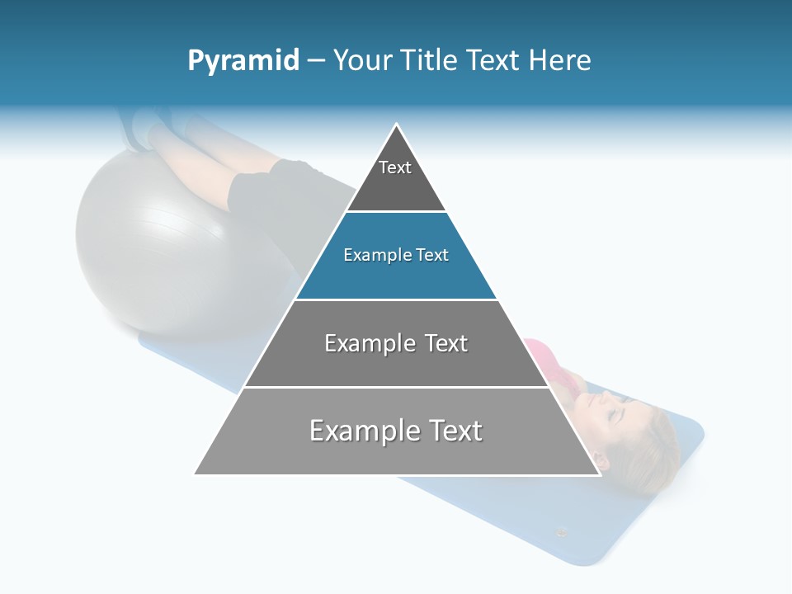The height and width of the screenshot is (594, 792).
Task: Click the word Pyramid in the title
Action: click(243, 61)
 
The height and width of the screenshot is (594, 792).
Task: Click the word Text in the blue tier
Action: click(431, 256)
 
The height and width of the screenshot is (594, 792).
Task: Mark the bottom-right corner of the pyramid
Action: click(600, 474)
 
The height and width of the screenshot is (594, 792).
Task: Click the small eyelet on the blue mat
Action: click(562, 532)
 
